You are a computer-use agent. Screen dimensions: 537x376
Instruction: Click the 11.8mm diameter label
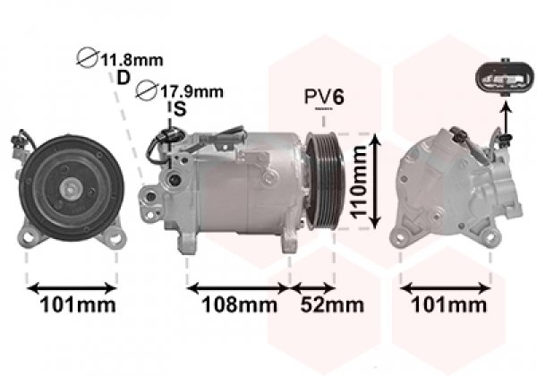[x=132, y=61]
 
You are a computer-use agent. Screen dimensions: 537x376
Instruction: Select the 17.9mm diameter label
[x=192, y=91]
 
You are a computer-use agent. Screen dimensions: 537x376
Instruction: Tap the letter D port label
[x=124, y=78]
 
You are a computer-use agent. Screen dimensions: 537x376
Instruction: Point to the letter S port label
[x=180, y=109]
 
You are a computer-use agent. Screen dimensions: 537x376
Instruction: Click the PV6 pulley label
[x=324, y=97]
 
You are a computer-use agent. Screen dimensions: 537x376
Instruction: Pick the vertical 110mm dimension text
[x=358, y=182]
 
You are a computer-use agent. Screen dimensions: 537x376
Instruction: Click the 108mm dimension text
[x=239, y=304]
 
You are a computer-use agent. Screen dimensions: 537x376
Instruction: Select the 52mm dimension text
[x=332, y=304]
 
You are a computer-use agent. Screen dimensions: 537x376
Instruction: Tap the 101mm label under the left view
[x=78, y=304]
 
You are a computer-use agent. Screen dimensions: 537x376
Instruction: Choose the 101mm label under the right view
[x=448, y=304]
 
